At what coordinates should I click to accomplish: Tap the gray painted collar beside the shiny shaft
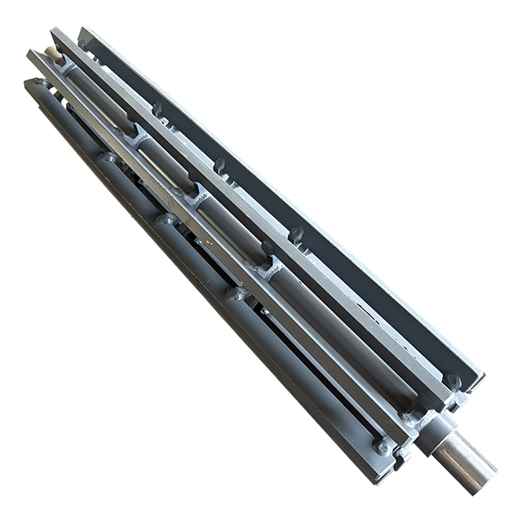click(431, 427)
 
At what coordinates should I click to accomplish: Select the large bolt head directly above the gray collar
click(451, 380)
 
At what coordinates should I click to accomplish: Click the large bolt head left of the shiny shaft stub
click(382, 445)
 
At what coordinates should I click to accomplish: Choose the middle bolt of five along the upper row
click(219, 166)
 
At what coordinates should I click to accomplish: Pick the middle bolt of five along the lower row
click(168, 219)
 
